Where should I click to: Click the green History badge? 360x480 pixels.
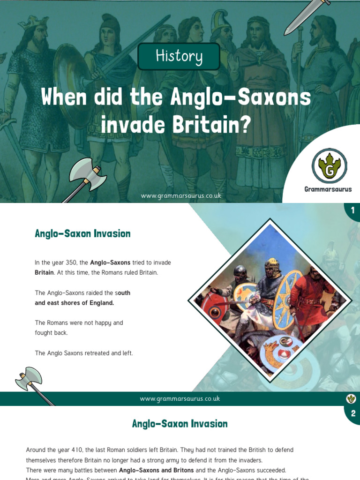pos(179,56)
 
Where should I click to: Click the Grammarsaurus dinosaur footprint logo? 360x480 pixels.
pos(330,166)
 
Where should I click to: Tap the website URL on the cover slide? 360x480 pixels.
pos(180,195)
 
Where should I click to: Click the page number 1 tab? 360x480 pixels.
pos(352,210)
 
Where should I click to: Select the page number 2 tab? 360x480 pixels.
pos(352,413)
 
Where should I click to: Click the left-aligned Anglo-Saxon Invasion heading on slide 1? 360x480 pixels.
pos(82,233)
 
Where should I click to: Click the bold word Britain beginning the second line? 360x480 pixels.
pos(44,272)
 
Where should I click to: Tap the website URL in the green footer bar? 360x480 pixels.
pos(180,398)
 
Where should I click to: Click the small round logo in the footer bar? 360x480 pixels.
pos(351,398)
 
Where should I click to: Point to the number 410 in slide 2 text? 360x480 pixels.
pos(76,450)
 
